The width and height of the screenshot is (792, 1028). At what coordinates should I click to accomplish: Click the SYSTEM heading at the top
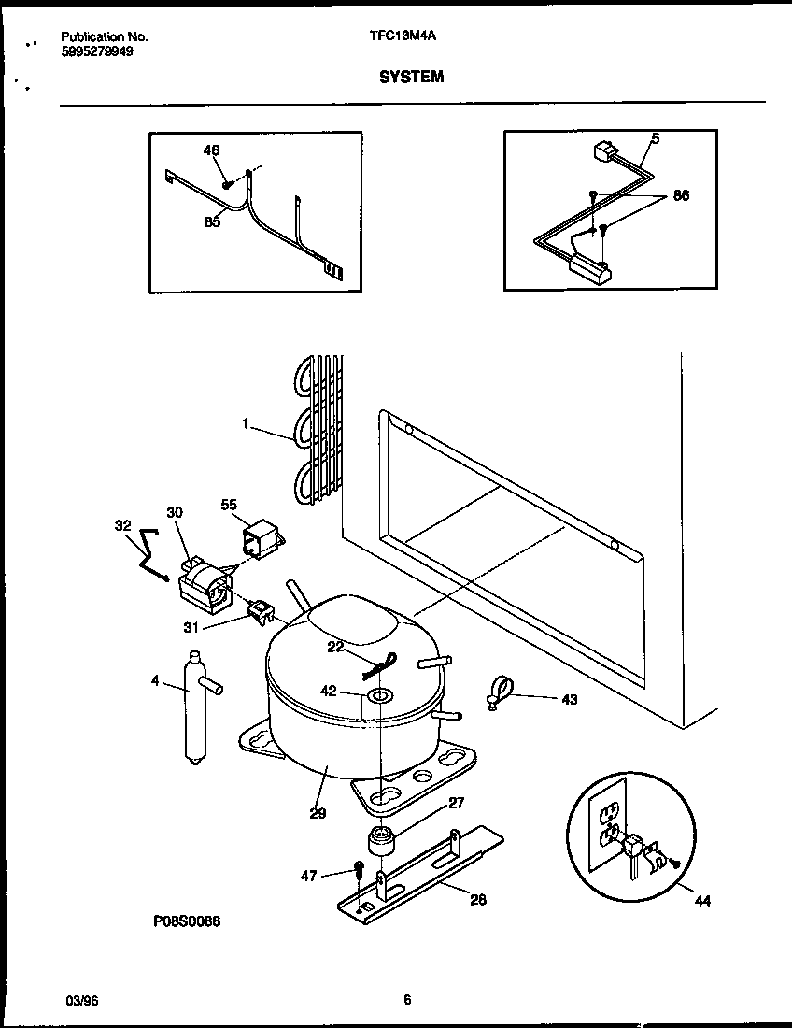pyautogui.click(x=411, y=78)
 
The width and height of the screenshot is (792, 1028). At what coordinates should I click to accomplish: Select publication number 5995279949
pyautogui.click(x=96, y=52)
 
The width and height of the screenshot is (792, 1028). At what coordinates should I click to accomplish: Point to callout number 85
pyautogui.click(x=212, y=222)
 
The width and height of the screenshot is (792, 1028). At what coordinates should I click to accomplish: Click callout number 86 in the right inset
pyautogui.click(x=681, y=196)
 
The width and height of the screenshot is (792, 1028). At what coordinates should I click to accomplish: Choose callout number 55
pyautogui.click(x=229, y=505)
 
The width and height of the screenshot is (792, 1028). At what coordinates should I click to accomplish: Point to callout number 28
pyautogui.click(x=479, y=900)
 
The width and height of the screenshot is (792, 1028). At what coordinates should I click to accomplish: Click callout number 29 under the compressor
pyautogui.click(x=318, y=813)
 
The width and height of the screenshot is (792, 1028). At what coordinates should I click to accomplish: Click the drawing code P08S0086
pyautogui.click(x=187, y=921)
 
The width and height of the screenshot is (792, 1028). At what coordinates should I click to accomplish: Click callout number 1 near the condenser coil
pyautogui.click(x=246, y=423)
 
